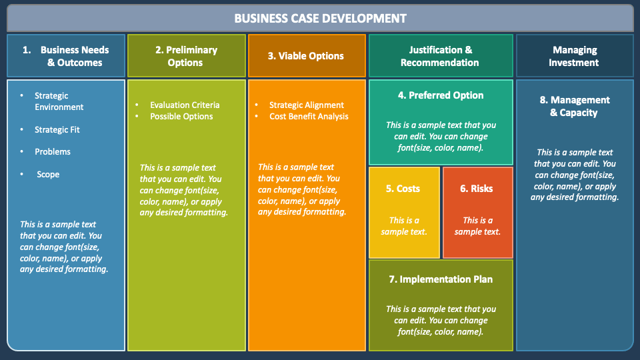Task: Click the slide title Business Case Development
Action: point(320,18)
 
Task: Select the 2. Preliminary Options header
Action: point(186,56)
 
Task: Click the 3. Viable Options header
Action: point(306,56)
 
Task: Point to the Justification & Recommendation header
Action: point(440,56)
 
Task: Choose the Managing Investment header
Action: point(574,56)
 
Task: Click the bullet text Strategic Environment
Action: point(59,101)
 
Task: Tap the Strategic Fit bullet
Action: point(57,129)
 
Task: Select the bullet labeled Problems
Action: point(53,151)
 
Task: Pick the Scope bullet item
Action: point(48,174)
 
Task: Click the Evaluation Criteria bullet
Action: point(185,105)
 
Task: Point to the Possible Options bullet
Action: point(181,116)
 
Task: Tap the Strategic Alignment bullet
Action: point(307,105)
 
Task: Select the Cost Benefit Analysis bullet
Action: point(309,116)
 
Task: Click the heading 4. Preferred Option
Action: point(441,95)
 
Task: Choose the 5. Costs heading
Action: point(403,189)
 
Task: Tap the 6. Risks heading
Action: point(477,189)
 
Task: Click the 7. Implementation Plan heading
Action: point(441,279)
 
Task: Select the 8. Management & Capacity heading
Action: point(574,106)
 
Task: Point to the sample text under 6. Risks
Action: point(477,226)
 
